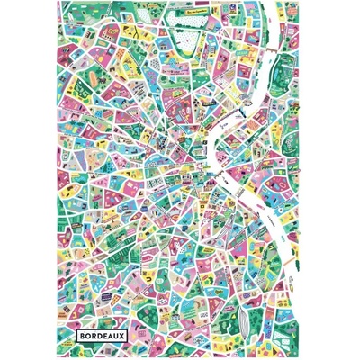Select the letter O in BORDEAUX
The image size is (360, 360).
(86, 335)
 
